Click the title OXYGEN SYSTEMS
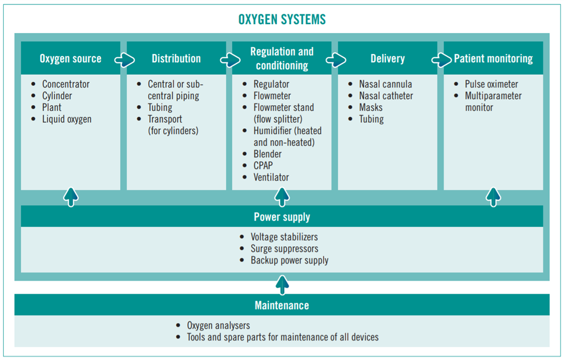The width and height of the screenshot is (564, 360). coord(282,19)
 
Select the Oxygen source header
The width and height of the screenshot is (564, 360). coord(70,58)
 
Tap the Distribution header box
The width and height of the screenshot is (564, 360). coord(176,58)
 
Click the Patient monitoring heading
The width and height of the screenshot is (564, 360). coord(493,58)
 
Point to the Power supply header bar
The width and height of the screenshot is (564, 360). coord(282,216)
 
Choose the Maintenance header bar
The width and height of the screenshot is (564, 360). coord(282,305)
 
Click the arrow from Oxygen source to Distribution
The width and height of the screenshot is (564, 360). coord(124,59)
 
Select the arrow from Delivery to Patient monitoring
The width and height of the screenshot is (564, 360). coord(442,59)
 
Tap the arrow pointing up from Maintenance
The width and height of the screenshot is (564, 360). coord(283,285)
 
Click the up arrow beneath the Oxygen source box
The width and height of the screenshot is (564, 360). coord(71,197)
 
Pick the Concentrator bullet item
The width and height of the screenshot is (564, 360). coord(66,84)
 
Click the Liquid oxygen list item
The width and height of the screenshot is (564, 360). coord(67,119)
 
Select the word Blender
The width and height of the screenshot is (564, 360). coord(268,154)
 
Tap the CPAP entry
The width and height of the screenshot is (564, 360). coord(263,166)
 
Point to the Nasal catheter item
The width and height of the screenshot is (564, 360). coord(386,96)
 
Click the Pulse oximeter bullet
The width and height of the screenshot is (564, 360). coord(491,84)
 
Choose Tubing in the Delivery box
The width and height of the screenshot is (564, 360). coord(371,119)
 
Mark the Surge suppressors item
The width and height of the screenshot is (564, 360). coord(285,248)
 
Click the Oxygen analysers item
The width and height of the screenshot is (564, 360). coord(218,325)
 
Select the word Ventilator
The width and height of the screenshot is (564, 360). coord(271,177)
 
